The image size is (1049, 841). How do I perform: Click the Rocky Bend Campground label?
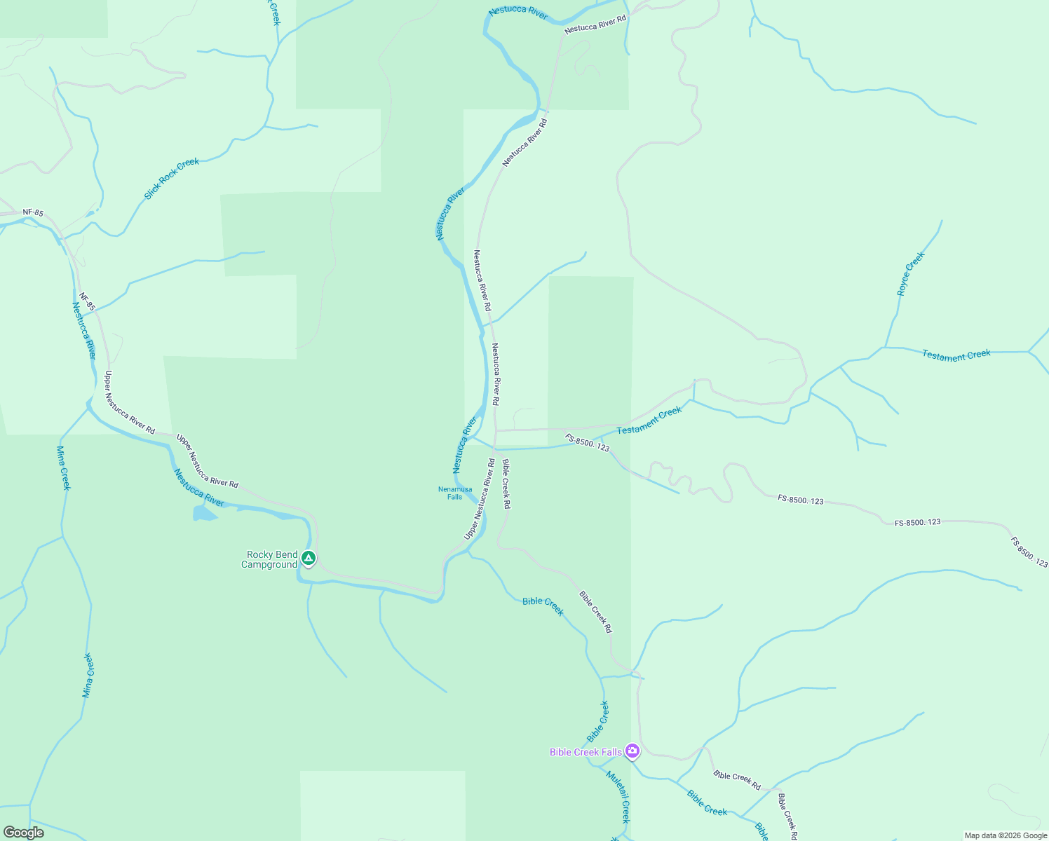tap(272, 559)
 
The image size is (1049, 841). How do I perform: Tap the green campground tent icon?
tap(309, 559)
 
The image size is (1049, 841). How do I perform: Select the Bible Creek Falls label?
tap(586, 752)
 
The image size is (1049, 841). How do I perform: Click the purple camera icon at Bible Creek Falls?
tap(632, 751)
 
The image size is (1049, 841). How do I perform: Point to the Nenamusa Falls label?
tap(455, 493)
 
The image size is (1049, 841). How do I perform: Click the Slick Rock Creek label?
tap(172, 179)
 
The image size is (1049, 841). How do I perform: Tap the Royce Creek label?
tap(911, 273)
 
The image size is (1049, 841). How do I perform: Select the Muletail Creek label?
tap(618, 797)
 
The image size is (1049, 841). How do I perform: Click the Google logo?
tap(24, 833)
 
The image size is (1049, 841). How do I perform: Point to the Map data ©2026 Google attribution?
tap(1006, 835)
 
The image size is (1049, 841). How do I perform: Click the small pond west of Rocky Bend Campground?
tap(204, 513)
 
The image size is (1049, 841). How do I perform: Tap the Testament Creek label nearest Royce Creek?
tap(956, 355)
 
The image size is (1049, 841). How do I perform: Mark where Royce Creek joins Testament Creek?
tap(885, 347)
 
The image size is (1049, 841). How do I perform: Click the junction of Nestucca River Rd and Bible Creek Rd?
tap(496, 447)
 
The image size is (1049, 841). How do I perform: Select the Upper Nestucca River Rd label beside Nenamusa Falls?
tap(480, 499)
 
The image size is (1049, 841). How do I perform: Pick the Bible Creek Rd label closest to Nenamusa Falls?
tap(506, 484)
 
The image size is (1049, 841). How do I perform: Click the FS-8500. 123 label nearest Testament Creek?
tap(588, 443)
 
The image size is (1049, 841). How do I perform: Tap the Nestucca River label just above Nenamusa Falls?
tap(464, 445)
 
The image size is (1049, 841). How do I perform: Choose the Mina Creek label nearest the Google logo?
tap(88, 676)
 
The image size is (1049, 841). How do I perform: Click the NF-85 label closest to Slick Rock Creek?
tap(33, 212)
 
